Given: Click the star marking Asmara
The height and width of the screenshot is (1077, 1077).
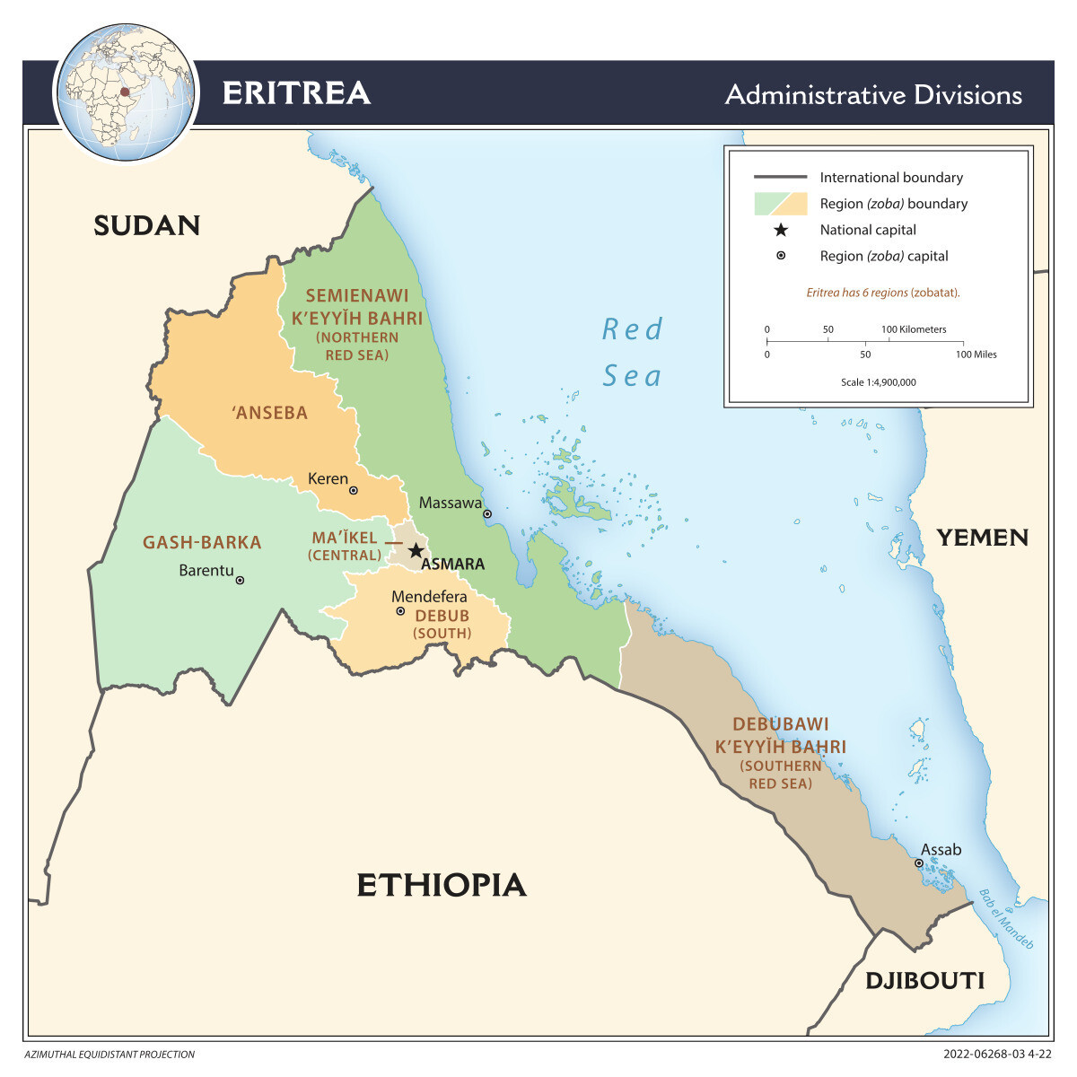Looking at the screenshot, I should click(416, 550).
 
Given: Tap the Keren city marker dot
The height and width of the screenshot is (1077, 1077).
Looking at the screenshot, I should click(354, 491).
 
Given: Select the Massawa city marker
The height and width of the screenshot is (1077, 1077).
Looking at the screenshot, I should click(487, 514).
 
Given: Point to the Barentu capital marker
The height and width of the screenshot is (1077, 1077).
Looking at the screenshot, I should click(240, 581).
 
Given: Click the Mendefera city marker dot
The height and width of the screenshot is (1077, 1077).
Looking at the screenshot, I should click(400, 611).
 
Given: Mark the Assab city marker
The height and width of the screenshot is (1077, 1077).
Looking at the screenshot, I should click(919, 863).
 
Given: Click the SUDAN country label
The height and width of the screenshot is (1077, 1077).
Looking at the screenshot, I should click(147, 225).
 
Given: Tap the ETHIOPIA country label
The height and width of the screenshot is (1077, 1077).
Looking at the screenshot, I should click(441, 885).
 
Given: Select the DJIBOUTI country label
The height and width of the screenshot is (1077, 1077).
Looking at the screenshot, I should click(924, 981).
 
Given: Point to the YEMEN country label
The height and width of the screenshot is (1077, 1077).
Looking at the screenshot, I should click(983, 538).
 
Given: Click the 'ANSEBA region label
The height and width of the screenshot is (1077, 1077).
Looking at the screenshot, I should click(269, 413).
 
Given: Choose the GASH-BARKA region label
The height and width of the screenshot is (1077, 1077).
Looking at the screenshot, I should click(202, 542).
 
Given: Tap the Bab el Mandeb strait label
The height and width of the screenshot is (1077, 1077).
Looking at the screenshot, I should click(1006, 919).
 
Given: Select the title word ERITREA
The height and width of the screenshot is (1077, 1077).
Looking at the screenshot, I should click(296, 93).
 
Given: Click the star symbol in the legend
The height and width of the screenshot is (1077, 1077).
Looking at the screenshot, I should click(781, 230).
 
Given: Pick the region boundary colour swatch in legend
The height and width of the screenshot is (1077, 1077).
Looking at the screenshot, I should click(781, 204).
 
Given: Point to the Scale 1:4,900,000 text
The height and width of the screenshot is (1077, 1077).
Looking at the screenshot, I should click(878, 382).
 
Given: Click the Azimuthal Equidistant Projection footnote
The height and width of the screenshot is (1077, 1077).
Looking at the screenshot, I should click(109, 1055).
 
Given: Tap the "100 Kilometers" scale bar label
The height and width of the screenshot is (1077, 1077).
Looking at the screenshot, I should click(914, 329).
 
